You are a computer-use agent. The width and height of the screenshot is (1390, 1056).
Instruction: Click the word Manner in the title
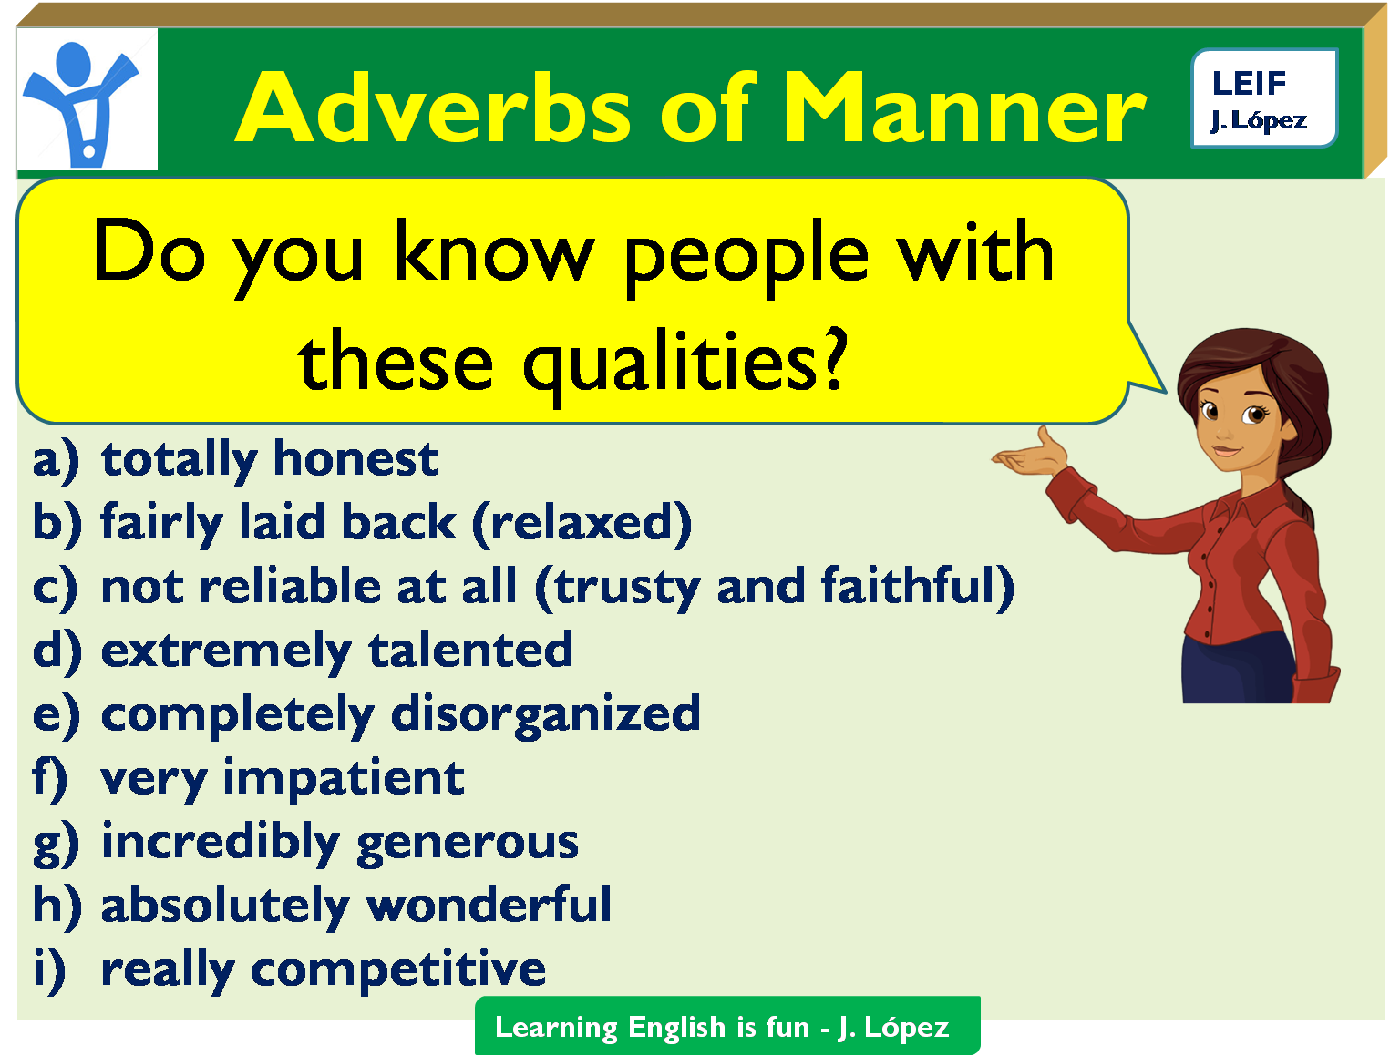[964, 107]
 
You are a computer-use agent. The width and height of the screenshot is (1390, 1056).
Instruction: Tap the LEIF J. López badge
[1263, 98]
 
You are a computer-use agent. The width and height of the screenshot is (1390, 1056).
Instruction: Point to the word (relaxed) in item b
[582, 524]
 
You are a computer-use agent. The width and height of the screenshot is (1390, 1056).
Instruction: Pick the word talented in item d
[470, 649]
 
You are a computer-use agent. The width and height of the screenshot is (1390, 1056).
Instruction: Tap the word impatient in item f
[344, 779]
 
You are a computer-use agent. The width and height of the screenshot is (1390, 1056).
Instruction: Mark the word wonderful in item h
[489, 904]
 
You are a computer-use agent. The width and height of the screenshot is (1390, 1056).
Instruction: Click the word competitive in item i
[397, 970]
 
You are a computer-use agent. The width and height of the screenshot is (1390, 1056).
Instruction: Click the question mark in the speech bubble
[834, 358]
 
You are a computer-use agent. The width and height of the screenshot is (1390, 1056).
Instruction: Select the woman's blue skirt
[1238, 669]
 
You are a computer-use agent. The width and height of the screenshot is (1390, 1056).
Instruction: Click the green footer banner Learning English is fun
[727, 1026]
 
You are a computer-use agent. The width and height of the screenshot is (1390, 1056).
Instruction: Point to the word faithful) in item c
[917, 587]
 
